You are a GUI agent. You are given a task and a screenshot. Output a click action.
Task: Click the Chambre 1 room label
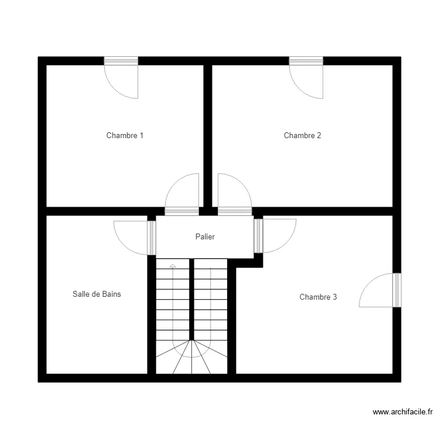coord(125,136)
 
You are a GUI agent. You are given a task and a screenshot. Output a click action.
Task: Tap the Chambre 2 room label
coord(302,136)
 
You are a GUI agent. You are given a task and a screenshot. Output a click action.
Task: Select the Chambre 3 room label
coord(318,297)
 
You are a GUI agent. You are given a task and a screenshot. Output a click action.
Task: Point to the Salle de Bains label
coord(97,294)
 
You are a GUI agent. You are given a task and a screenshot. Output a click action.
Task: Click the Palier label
coord(205,237)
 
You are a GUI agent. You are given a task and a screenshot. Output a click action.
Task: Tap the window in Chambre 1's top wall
coord(121,61)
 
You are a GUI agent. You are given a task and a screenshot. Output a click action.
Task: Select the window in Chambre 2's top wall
coord(306,61)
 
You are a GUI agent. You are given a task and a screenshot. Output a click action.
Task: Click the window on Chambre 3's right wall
coord(397,290)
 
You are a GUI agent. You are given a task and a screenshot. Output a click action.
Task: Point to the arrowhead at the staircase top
coord(173,266)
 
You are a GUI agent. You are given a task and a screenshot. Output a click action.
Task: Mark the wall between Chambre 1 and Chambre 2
coord(207,135)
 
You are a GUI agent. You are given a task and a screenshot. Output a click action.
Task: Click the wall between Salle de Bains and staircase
coord(152,316)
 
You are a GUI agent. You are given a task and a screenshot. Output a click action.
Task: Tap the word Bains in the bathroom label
coord(111,294)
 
